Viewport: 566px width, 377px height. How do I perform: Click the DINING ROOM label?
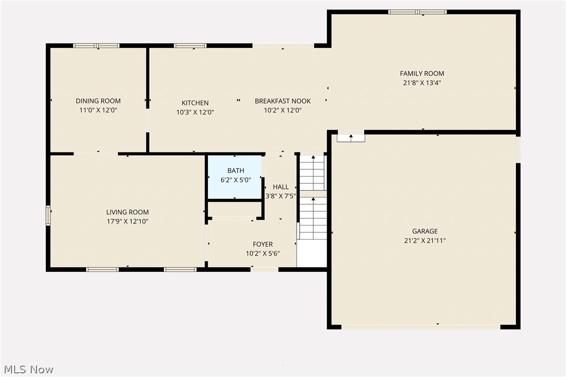coord(98,101)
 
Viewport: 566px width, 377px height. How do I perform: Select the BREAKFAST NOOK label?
coord(282,101)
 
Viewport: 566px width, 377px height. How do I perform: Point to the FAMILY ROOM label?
coord(422,73)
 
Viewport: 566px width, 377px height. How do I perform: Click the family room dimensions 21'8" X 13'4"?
coord(422,83)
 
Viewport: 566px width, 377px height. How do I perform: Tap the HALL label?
coord(280,187)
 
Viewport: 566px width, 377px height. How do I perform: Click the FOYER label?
coord(263,244)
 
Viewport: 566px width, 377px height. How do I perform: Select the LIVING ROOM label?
coord(127,212)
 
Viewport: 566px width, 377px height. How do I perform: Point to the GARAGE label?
coord(425,231)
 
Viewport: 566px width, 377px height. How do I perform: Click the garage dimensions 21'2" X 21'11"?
coord(425,241)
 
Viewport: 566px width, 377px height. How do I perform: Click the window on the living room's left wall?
coord(48,215)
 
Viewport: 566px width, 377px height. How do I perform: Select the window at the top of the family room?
coord(417,12)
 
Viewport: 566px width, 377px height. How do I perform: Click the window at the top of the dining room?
coord(96,46)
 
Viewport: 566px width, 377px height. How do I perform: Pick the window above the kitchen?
coord(190,46)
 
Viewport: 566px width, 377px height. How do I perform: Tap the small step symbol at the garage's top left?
coord(351,137)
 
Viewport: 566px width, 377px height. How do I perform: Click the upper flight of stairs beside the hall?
coord(312,173)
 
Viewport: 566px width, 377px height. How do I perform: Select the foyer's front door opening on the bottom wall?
coord(264,269)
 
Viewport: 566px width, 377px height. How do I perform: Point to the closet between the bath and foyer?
coord(235,209)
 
